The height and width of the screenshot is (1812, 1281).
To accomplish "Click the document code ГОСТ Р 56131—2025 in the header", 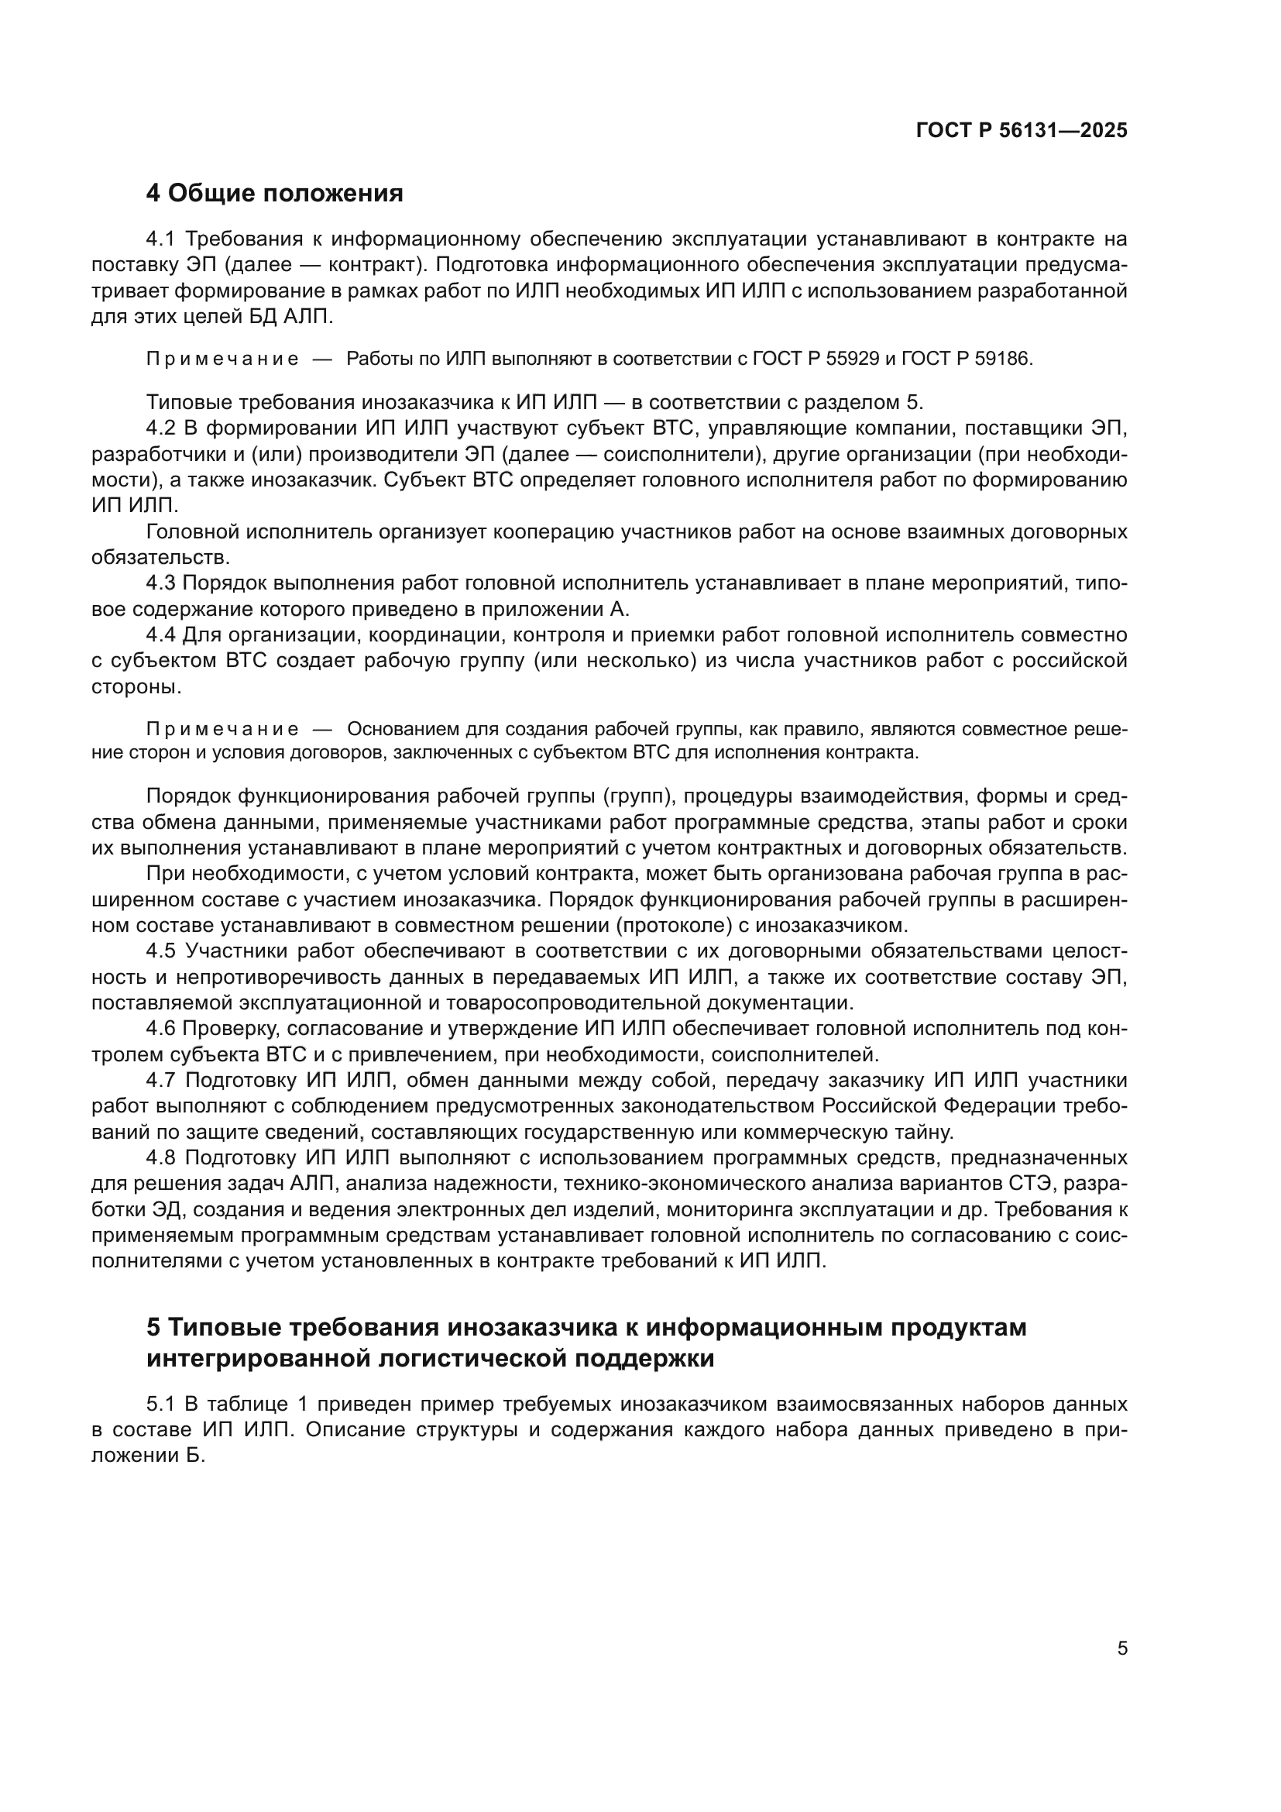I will pyautogui.click(x=1022, y=131).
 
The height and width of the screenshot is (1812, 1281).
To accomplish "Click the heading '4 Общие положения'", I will pyautogui.click(x=274, y=194).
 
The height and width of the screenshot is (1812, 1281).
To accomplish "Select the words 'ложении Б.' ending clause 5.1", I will pyautogui.click(x=148, y=1456).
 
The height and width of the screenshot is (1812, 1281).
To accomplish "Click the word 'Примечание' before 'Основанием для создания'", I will pyautogui.click(x=222, y=729).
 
